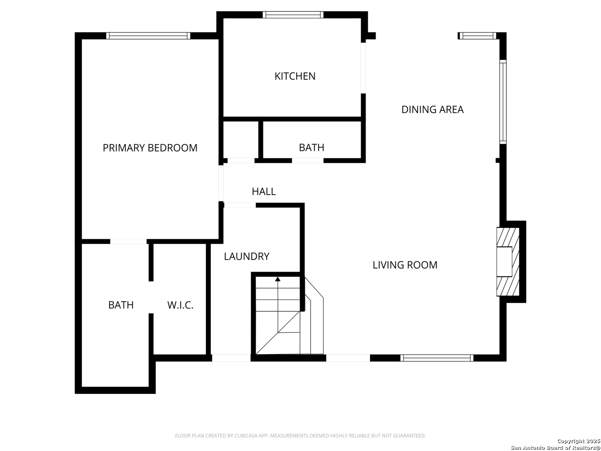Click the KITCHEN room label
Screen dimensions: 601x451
pyautogui.click(x=295, y=76)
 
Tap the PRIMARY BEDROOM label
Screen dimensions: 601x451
pyautogui.click(x=150, y=148)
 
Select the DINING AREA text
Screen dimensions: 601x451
pyautogui.click(x=432, y=109)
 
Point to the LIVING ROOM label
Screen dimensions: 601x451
pyautogui.click(x=405, y=265)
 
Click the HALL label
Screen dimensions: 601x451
pyautogui.click(x=264, y=191)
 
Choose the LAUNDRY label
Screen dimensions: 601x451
pyautogui.click(x=246, y=256)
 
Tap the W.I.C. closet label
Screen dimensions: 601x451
pyautogui.click(x=180, y=305)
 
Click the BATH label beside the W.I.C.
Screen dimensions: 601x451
pyautogui.click(x=121, y=305)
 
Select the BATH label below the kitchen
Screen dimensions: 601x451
pyautogui.click(x=311, y=147)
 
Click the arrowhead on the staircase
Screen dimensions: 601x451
pyautogui.click(x=278, y=279)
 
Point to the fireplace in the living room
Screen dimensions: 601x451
pyautogui.click(x=508, y=261)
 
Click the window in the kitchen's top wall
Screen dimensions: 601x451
pyautogui.click(x=293, y=15)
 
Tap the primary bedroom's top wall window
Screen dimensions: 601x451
pyautogui.click(x=148, y=35)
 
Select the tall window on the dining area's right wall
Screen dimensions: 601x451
pyautogui.click(x=503, y=102)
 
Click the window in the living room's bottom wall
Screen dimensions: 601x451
pyautogui.click(x=437, y=358)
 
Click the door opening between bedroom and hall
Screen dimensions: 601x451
pyautogui.click(x=221, y=183)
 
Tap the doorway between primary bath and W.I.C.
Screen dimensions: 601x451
pyautogui.click(x=151, y=297)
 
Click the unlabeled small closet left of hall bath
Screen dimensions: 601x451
pyautogui.click(x=241, y=139)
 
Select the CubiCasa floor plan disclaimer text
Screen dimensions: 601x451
pyautogui.click(x=300, y=436)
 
